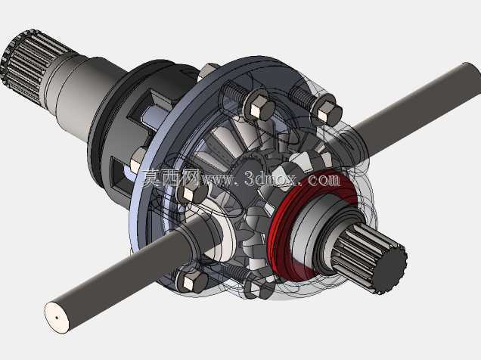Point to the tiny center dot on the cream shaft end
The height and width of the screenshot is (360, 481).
57,318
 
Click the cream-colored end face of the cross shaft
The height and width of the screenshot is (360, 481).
57,318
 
